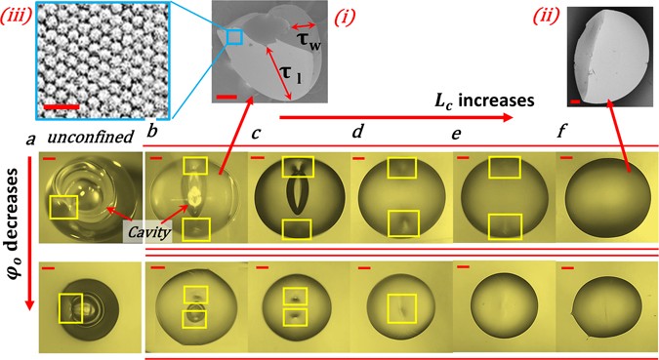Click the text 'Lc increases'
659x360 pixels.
click(x=478, y=100)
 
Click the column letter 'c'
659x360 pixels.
click(x=256, y=132)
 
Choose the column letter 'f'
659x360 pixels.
click(x=562, y=130)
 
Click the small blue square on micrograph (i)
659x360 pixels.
click(x=234, y=37)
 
